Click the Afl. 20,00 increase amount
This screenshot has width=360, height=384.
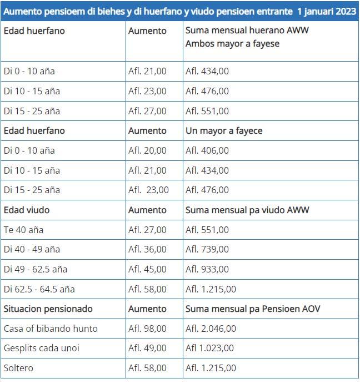147,150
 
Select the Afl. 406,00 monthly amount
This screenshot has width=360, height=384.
207,150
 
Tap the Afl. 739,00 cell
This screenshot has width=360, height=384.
207,250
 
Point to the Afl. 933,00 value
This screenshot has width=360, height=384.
207,269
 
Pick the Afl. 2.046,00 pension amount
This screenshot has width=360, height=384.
211,329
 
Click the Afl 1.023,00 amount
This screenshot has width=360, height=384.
210,348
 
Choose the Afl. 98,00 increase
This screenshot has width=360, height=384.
147,329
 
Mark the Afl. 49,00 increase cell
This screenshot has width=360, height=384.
147,348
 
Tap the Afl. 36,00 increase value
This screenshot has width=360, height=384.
147,250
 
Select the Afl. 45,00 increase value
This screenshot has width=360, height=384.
147,269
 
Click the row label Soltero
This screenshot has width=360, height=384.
18,368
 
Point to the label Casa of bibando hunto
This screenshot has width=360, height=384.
51,329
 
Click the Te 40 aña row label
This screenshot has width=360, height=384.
23,230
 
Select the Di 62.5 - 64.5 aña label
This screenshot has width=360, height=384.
39,289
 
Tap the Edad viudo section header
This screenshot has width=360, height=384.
27,210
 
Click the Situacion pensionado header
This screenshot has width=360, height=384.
48,309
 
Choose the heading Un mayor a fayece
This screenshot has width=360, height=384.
224,130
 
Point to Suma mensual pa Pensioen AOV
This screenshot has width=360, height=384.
253,309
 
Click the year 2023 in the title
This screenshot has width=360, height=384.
346,11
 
